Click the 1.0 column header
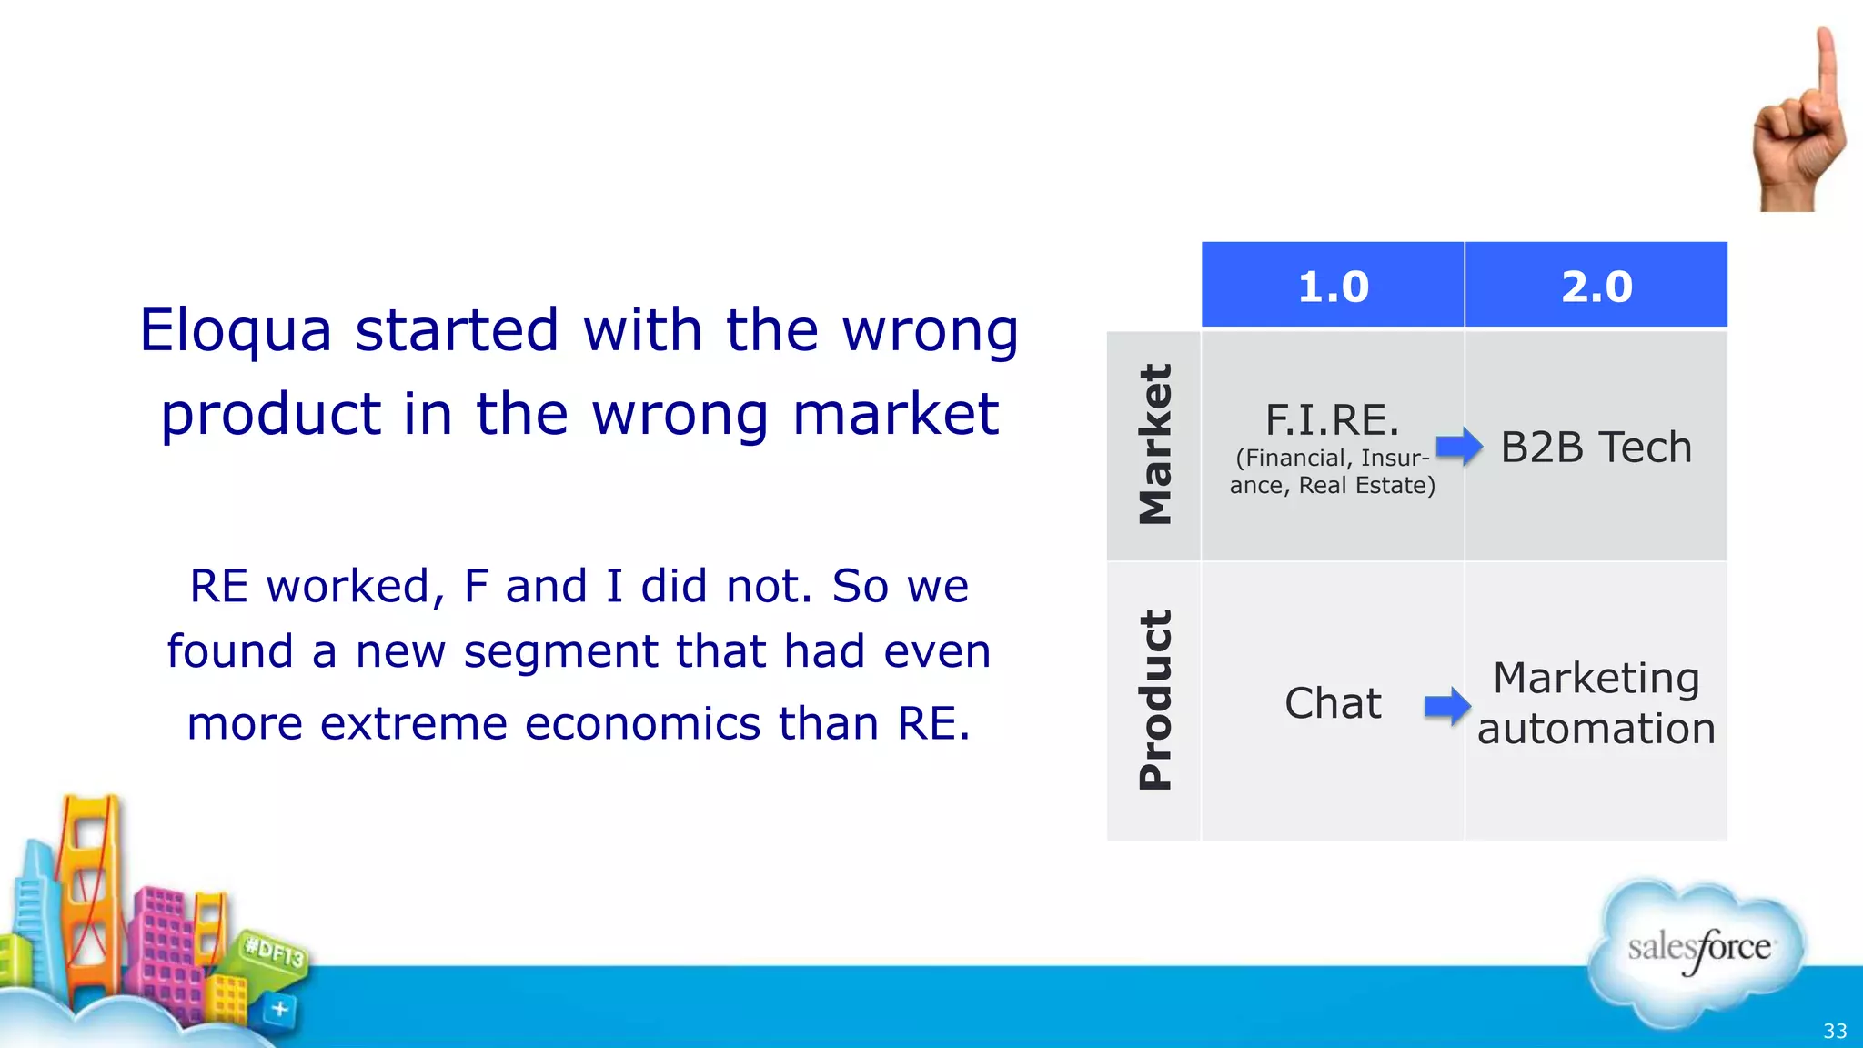point(1333,286)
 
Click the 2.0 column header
point(1596,286)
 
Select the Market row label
point(1154,445)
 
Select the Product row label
point(1154,700)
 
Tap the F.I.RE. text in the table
point(1332,420)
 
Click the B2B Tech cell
point(1596,447)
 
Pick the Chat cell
point(1333,703)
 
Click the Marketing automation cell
point(1596,703)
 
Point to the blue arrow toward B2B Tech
point(1459,446)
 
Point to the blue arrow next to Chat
point(1447,705)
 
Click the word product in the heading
point(270,415)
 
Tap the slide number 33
point(1835,1031)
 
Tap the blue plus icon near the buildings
point(280,1008)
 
